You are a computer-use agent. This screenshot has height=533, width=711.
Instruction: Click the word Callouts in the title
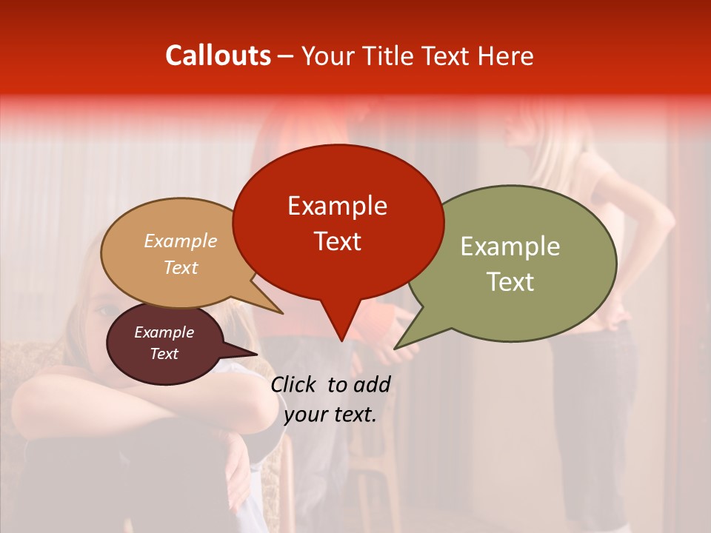[218, 56]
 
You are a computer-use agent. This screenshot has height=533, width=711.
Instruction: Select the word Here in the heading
[505, 56]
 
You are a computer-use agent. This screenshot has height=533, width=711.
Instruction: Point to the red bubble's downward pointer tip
[341, 340]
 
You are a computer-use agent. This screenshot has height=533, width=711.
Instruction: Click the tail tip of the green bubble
[396, 347]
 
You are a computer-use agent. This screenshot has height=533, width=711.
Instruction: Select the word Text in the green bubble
[511, 282]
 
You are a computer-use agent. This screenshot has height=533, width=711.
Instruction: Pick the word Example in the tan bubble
[181, 241]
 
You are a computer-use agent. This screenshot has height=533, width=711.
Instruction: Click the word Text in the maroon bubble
[164, 354]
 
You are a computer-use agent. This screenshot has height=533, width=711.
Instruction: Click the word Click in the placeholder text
[295, 384]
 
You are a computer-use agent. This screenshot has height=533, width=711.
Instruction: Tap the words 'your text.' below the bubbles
[330, 415]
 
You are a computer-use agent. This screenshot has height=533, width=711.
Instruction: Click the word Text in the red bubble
[338, 241]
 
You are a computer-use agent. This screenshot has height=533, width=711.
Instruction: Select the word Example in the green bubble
[510, 247]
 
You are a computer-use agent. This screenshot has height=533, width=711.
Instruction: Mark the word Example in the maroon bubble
[164, 332]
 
